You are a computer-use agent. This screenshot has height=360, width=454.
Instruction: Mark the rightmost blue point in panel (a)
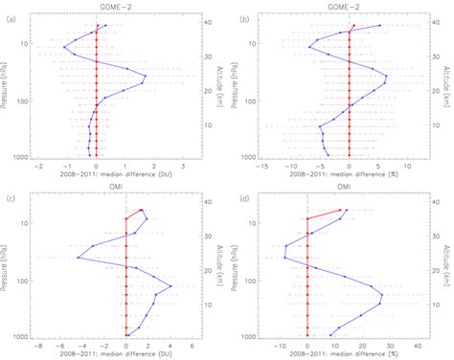point(145,77)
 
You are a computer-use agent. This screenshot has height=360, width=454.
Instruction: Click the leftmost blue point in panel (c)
point(79,257)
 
